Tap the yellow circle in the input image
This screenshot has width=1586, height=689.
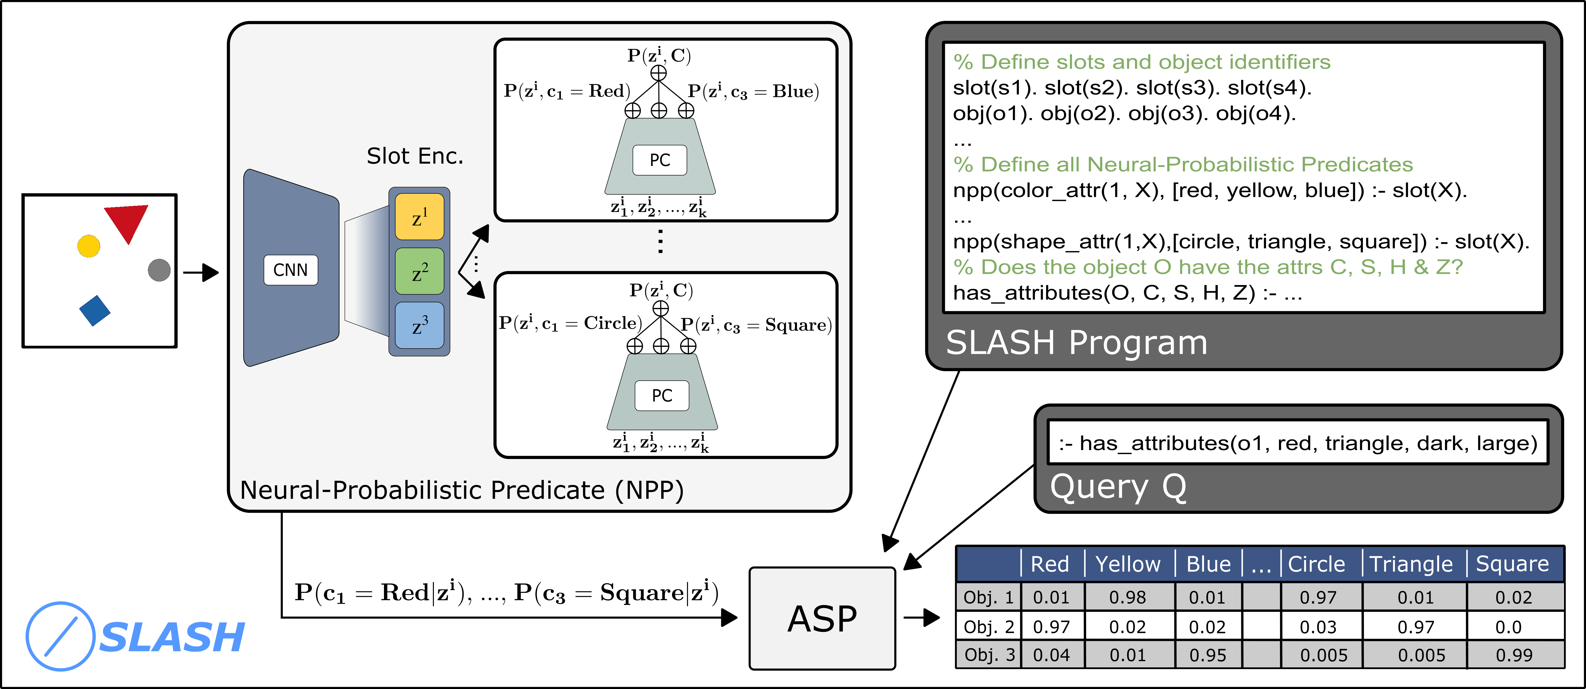coord(89,246)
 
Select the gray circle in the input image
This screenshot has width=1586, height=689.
coord(159,270)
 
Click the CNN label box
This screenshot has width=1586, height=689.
coord(291,270)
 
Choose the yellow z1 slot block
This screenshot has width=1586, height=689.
coord(419,217)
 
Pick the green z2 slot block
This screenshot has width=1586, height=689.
coord(419,271)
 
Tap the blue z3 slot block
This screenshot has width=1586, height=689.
coord(419,325)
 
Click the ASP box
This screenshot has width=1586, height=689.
coord(822,618)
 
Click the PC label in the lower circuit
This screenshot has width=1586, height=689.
coord(662,395)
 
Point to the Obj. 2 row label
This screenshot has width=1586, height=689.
coord(988,627)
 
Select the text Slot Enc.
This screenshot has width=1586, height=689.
coord(414,156)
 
